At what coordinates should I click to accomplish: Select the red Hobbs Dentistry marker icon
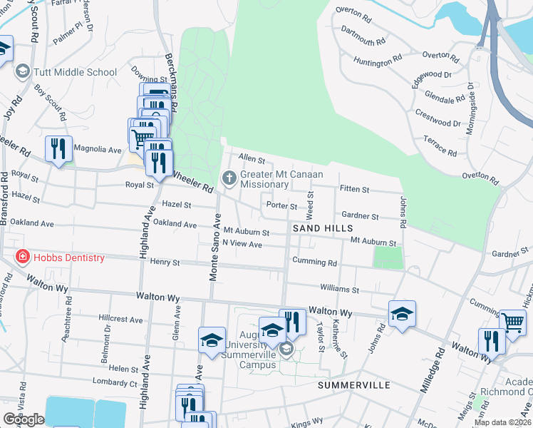pyautogui.click(x=23, y=258)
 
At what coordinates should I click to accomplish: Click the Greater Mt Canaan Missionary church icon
pyautogui.click(x=229, y=177)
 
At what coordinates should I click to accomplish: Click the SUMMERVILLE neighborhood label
pyautogui.click(x=354, y=384)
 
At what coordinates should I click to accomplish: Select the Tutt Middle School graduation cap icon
pyautogui.click(x=23, y=72)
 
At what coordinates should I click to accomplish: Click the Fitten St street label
pyautogui.click(x=354, y=190)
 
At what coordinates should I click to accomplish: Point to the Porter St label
pyautogui.click(x=281, y=205)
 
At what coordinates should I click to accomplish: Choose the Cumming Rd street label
pyautogui.click(x=314, y=263)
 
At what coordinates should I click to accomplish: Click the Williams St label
pyautogui.click(x=339, y=290)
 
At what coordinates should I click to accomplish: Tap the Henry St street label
pyautogui.click(x=165, y=263)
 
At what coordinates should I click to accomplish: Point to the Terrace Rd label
pyautogui.click(x=440, y=146)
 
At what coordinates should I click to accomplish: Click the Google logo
pyautogui.click(x=24, y=419)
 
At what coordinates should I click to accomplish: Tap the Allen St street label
pyautogui.click(x=252, y=158)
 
